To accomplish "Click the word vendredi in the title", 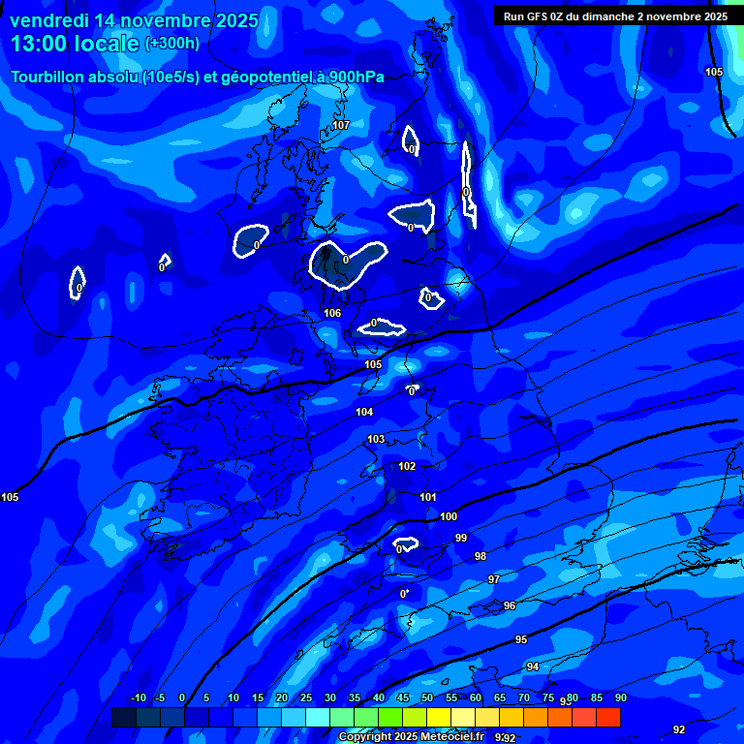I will tap(49, 20).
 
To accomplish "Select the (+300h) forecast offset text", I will tap(171, 44).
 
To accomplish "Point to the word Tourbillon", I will tap(49, 77).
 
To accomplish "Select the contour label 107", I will tap(340, 125).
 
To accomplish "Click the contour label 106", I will tap(332, 313).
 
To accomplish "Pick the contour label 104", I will tap(364, 412).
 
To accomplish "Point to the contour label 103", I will tap(376, 439).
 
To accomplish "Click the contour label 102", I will tap(407, 466).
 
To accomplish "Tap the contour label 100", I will tap(449, 516).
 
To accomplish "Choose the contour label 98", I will tap(480, 556).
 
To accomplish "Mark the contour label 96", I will tap(510, 605).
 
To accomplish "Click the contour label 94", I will tap(533, 666).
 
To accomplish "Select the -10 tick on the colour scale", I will tap(139, 698).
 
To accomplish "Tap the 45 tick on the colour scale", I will tap(402, 698).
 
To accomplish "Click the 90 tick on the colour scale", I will tap(620, 698).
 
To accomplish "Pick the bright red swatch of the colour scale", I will tap(607, 717).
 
